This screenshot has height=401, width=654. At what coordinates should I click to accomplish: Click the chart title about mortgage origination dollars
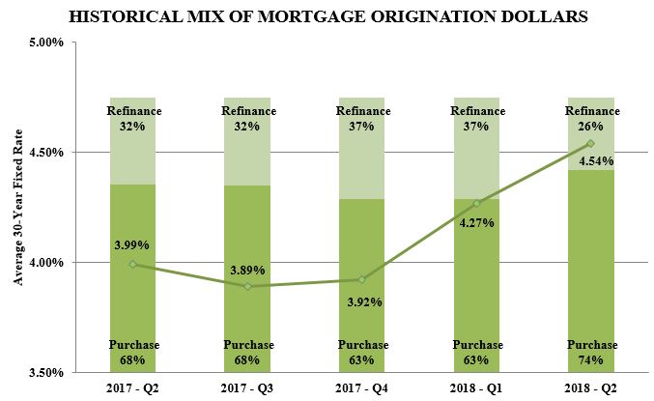327,16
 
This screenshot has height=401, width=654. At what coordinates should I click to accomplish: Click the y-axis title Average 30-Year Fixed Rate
16,208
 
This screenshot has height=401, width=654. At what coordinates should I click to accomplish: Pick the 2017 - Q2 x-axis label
132,387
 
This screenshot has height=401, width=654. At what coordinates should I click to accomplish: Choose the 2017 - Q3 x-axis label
247,387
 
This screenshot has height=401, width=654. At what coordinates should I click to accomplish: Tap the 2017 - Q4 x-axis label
361,387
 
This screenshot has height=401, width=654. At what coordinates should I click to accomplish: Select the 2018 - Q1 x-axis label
476,387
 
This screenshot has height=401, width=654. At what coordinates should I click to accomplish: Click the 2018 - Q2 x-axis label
590,387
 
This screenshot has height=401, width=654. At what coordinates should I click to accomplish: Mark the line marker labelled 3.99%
132,264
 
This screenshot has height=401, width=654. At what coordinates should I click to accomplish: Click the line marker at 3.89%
247,286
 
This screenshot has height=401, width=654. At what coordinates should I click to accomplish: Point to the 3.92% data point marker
361,279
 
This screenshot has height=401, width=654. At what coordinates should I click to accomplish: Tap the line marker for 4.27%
476,203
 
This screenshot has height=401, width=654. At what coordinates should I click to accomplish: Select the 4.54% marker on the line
590,144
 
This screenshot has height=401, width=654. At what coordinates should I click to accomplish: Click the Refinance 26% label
590,119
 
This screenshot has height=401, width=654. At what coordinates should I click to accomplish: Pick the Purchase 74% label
590,353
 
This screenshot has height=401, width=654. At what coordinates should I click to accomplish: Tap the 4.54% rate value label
590,162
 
